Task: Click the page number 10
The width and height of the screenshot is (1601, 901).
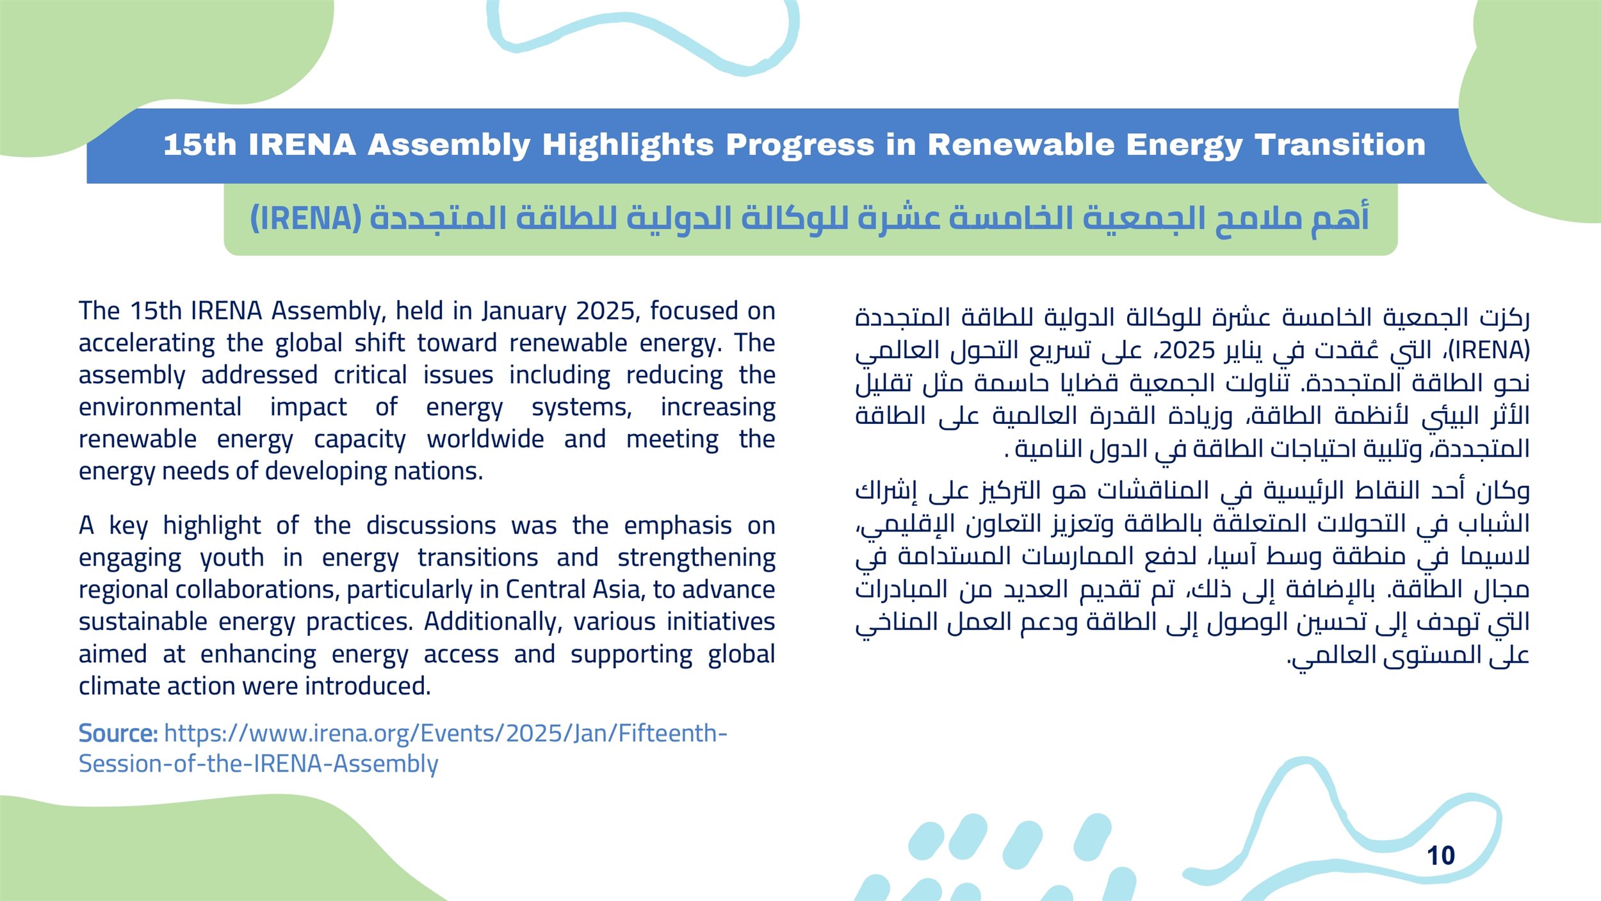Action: coord(1441,856)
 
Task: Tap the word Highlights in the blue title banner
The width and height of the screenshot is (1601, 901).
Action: coord(628,145)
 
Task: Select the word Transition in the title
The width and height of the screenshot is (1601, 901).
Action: coord(1340,145)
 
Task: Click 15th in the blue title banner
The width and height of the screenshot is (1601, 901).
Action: coord(200,145)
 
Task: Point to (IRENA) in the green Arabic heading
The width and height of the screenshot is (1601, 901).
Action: coord(306,218)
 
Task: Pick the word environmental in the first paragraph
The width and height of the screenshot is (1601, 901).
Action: coord(160,407)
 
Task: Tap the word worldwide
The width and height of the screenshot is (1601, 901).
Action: coord(485,439)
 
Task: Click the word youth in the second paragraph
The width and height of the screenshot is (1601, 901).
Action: coord(232,558)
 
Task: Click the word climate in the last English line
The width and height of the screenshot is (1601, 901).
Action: coord(120,686)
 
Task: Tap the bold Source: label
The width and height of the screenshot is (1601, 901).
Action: coord(118,733)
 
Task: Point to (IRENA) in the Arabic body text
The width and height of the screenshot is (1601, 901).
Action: coord(1489,350)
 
